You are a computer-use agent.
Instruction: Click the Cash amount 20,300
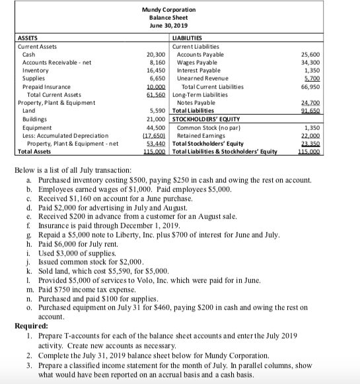[x=155, y=54]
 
